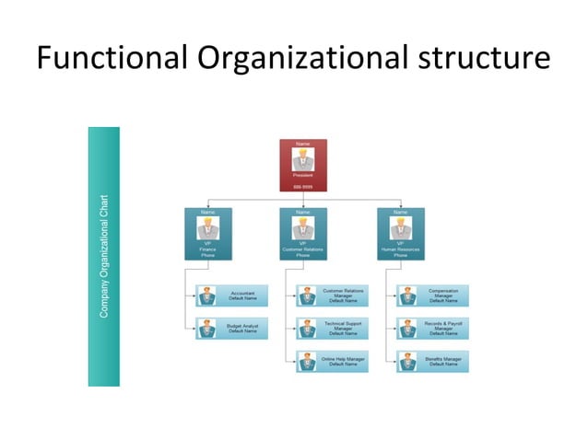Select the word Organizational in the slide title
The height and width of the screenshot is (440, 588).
coord(300,59)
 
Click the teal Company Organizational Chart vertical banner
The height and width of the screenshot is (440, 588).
coord(104,256)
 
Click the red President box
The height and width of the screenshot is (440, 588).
coord(303,165)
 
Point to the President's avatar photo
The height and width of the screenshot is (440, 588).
coord(303,156)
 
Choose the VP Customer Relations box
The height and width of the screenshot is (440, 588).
coord(303,233)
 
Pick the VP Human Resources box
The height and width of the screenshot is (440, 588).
coord(400,233)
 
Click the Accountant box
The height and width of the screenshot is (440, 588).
coord(232,295)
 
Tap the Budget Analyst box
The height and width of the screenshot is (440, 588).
coord(232,329)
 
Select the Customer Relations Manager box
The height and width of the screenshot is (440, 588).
coord(332,295)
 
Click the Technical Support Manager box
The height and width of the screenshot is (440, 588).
coord(332,329)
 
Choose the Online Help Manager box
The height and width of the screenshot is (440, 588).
coord(332,361)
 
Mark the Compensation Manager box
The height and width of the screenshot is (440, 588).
coord(432,295)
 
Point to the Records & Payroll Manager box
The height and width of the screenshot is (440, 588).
coord(432,329)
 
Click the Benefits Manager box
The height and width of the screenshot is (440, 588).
coord(432,361)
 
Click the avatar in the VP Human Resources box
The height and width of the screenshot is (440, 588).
coord(400,227)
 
